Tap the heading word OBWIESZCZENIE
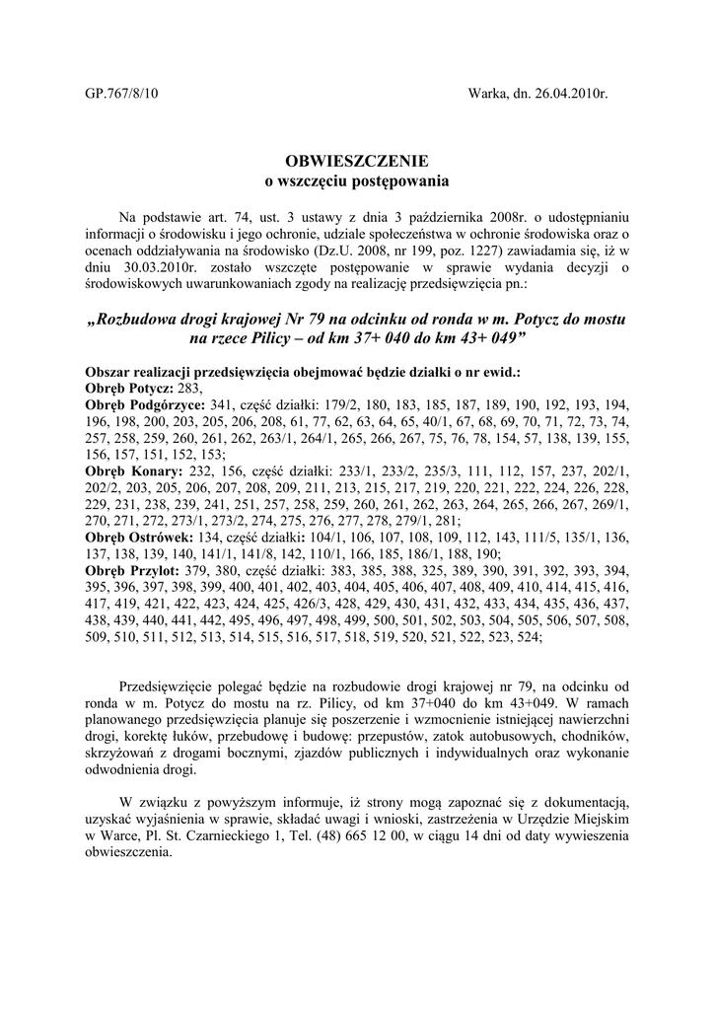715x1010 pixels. [357, 161]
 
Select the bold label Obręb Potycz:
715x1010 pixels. [128, 389]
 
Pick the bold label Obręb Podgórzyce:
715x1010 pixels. [145, 404]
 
